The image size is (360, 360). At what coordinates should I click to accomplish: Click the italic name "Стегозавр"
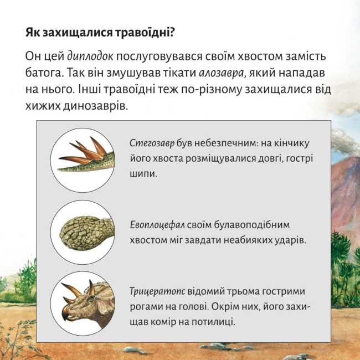[x=152, y=142]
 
